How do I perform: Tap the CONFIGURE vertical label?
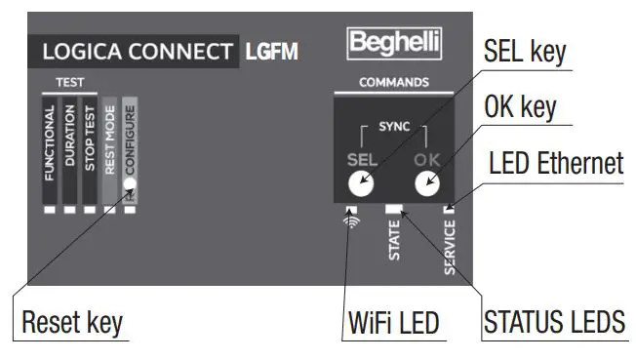point(130,139)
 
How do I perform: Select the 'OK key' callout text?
point(520,107)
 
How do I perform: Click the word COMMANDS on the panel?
point(394,82)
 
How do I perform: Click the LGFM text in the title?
point(271,52)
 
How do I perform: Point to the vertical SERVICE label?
point(450,245)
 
